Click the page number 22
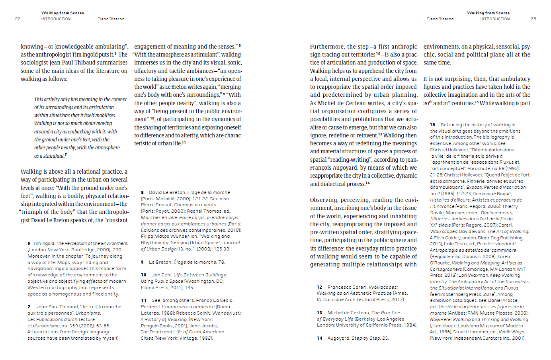[18, 19]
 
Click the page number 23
[533, 19]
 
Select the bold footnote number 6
[29, 243]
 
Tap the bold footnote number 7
[29, 307]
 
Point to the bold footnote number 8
[142, 192]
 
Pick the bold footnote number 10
[144, 275]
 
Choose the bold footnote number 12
[319, 287]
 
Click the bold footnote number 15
[433, 125]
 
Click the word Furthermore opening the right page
[327, 47]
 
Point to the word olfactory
[145, 71]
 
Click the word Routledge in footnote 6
[71, 250]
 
